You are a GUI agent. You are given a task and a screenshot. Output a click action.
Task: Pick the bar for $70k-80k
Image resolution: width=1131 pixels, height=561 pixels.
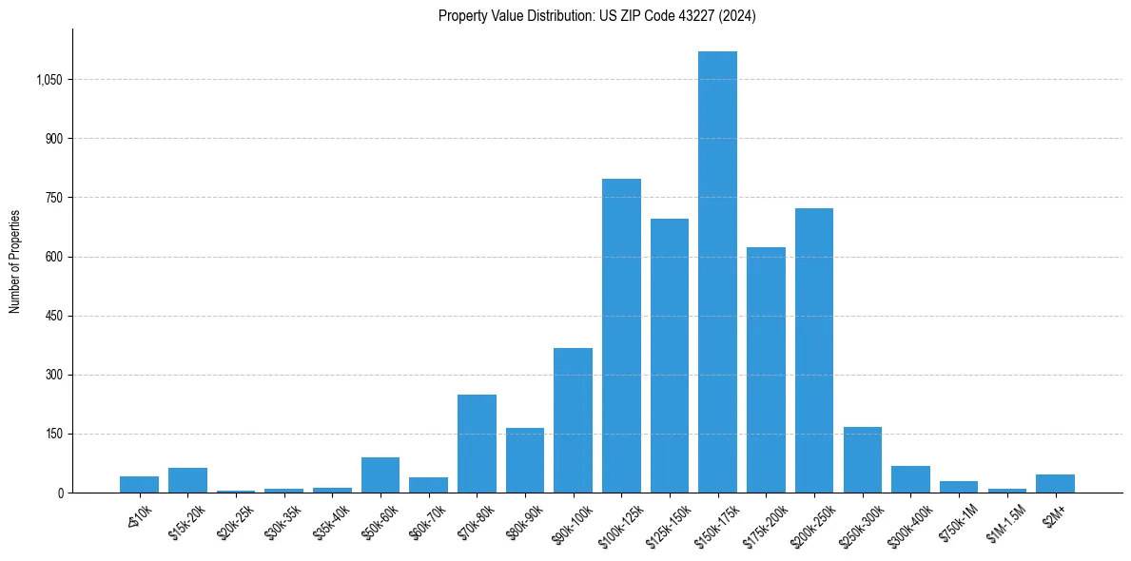tap(477, 443)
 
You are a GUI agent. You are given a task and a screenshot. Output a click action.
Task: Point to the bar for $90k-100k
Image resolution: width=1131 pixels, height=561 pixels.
tap(573, 420)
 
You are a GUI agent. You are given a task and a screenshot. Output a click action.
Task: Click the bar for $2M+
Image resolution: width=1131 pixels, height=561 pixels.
tap(1055, 483)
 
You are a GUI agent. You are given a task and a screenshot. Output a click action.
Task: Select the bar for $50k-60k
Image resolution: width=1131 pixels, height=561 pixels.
tap(380, 474)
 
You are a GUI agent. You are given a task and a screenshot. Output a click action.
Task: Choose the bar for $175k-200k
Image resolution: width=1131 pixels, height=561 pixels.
tap(766, 370)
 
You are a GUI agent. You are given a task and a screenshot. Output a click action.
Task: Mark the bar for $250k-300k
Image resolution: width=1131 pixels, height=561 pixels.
tap(862, 459)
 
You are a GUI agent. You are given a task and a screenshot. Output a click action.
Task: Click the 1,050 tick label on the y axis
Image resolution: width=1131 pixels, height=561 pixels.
tap(49, 80)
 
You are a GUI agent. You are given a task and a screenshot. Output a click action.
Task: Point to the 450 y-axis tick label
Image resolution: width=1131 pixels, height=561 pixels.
tap(53, 316)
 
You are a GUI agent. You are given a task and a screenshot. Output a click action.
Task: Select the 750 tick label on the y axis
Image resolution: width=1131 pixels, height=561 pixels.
tap(53, 198)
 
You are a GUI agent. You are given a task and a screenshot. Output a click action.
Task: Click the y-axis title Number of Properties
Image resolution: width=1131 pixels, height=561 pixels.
tap(15, 261)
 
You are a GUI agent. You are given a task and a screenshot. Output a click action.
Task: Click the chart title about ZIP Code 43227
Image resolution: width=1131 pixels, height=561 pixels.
tap(596, 16)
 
